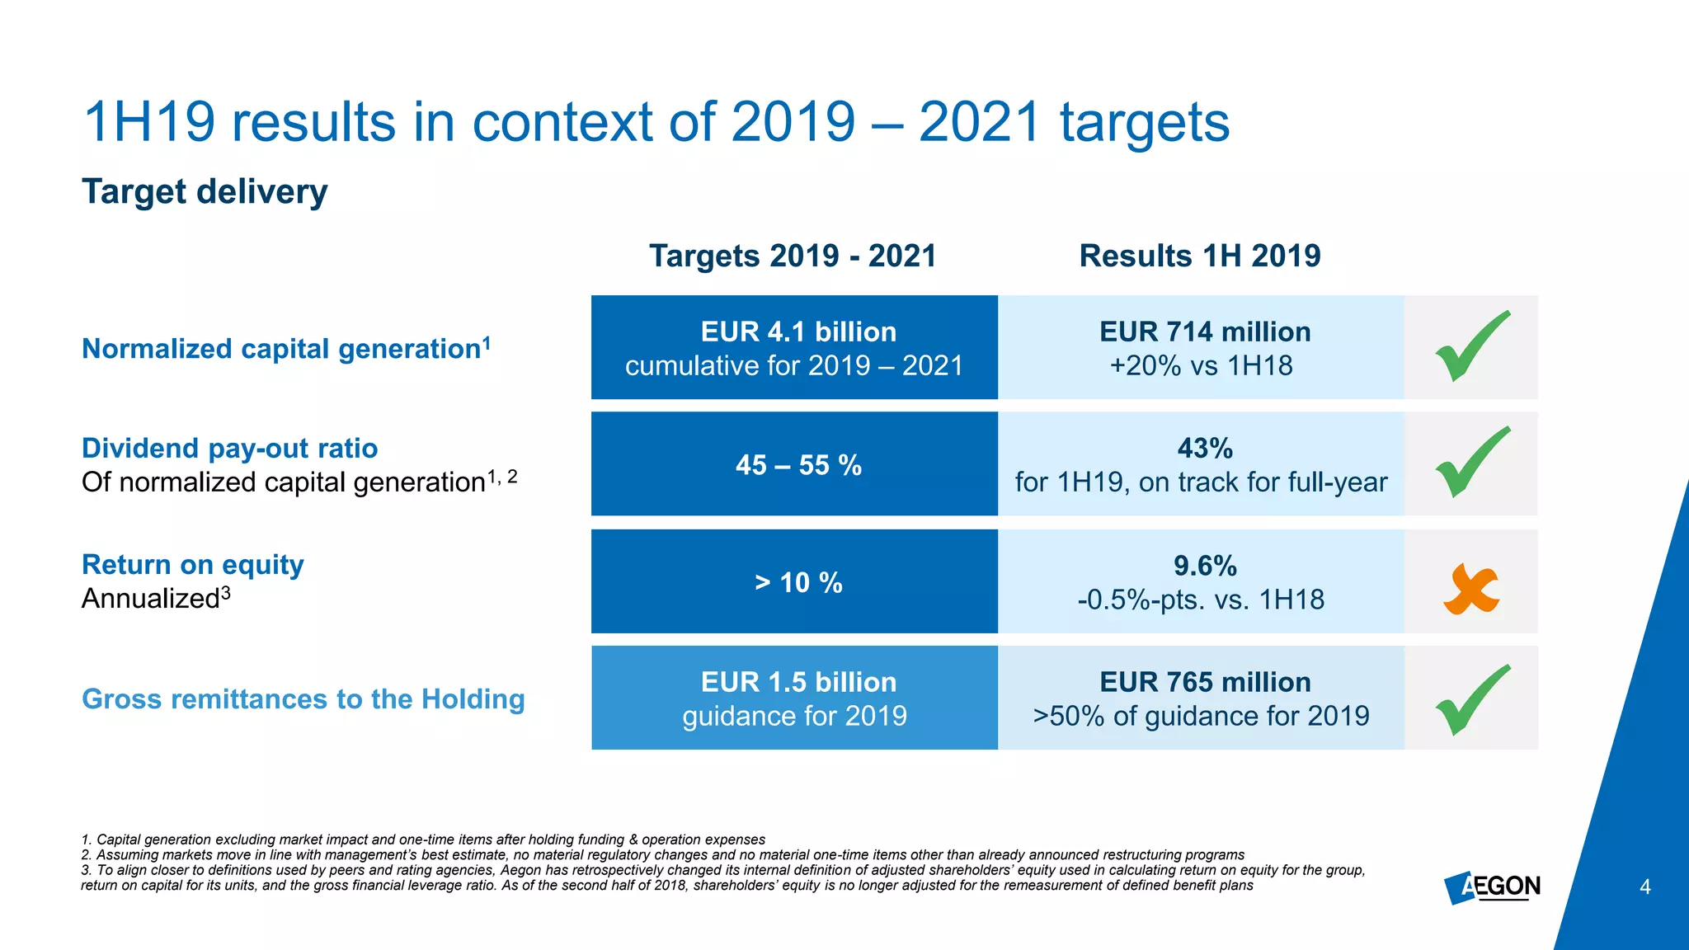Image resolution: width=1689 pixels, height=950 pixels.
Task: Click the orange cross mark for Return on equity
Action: coord(1470,589)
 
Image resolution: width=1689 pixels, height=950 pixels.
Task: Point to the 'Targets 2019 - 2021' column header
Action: coord(793,256)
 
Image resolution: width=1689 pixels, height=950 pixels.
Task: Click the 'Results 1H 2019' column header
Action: coord(1199,256)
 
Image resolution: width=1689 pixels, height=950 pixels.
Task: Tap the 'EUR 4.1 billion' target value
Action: coord(797,332)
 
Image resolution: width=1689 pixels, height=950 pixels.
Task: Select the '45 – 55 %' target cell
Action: coord(797,465)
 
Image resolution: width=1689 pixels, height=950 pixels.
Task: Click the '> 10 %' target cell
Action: coord(797,583)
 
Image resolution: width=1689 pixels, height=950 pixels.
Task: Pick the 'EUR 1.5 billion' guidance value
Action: coord(797,682)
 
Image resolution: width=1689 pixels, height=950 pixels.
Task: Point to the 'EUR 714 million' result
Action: coord(1204,332)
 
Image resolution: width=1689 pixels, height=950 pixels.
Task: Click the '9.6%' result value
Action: coord(1204,566)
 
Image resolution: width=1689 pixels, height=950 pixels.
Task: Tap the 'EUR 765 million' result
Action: coord(1204,682)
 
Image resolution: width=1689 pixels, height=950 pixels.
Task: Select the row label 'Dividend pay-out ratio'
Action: coord(229,448)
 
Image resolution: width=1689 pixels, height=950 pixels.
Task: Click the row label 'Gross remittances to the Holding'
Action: coord(303,698)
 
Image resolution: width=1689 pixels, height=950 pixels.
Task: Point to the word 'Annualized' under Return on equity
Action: coord(150,599)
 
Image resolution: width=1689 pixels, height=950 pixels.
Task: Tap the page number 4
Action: coord(1644,887)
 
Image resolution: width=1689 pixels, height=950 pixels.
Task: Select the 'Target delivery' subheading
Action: coord(205,191)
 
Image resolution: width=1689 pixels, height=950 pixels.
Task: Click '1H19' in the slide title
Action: coord(149,122)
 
